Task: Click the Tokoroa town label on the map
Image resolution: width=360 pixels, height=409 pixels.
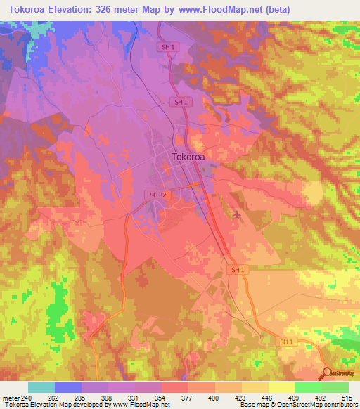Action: [x=188, y=158]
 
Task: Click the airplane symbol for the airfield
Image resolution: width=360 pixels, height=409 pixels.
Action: [x=237, y=214]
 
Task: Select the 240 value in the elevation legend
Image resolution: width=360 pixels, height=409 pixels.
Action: [x=27, y=398]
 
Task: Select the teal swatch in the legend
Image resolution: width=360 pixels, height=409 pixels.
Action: [x=41, y=388]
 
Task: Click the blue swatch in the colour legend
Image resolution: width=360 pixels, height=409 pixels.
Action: [x=67, y=388]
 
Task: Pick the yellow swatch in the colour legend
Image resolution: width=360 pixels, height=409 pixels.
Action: [x=281, y=388]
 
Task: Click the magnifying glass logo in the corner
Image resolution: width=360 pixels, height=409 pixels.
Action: [x=328, y=373]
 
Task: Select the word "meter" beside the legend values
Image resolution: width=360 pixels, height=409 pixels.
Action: [x=11, y=398]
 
